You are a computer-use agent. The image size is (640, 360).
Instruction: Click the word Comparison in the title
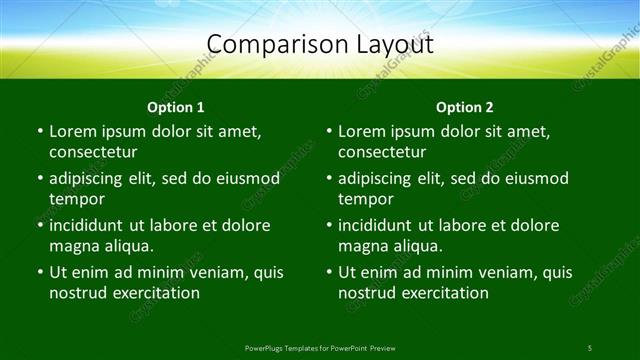[268, 45]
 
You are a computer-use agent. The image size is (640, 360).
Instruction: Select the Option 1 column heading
[176, 107]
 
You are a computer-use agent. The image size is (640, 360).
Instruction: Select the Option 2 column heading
[465, 107]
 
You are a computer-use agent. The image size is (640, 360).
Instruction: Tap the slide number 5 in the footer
[589, 348]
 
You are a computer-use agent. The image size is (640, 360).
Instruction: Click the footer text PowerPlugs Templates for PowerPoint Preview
[319, 348]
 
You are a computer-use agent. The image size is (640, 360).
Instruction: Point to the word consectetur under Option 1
[93, 152]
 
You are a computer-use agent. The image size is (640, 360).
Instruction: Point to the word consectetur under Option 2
[382, 152]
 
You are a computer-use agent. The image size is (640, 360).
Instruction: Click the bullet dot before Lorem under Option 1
[39, 132]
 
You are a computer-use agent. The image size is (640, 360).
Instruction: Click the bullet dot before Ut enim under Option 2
[328, 272]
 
